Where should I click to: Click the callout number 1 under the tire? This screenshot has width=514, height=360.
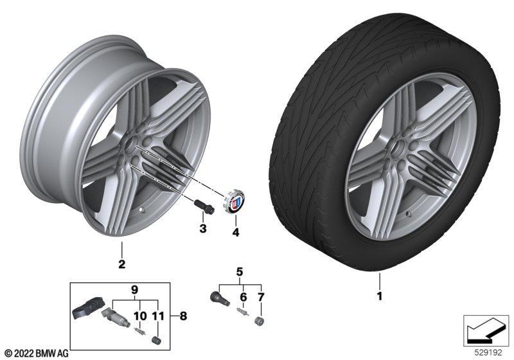pos(379,296)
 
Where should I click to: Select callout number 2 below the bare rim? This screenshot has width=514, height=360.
pos(122,264)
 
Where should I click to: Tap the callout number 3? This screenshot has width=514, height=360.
pos(203,228)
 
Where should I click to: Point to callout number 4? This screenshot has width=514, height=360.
pos(235,233)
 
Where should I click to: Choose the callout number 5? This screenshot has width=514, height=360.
pos(240,272)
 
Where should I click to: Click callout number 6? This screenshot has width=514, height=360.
pos(244,297)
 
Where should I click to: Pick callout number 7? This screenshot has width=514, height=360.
pos(261,297)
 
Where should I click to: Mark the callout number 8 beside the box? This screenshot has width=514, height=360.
pos(183,316)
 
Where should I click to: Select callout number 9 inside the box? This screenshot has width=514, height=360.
pos(134,290)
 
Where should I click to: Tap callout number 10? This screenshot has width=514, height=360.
pos(139,316)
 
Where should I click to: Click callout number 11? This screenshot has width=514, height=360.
pos(157,316)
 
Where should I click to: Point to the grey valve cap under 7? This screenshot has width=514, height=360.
pos(260,321)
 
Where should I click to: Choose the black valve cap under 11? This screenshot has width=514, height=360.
pos(156,339)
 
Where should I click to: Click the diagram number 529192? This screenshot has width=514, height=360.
pos(488,353)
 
